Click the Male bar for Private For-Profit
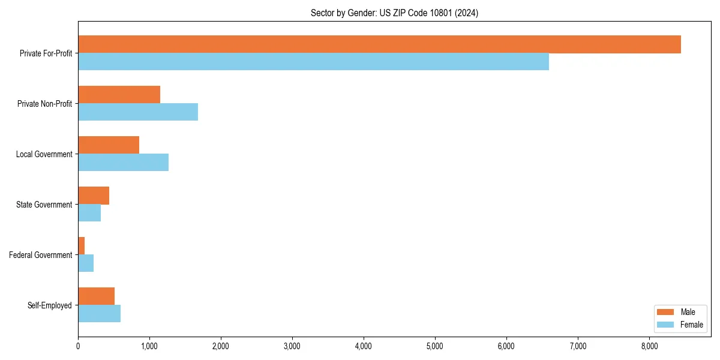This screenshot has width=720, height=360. tap(379, 44)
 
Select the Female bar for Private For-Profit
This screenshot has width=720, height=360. tap(313, 62)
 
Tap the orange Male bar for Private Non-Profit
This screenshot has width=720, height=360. tap(119, 95)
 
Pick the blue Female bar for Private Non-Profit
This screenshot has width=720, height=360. tap(138, 112)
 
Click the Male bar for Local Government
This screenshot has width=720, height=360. tap(109, 145)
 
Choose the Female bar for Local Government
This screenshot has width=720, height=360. tap(123, 163)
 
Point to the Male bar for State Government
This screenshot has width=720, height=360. tap(94, 196)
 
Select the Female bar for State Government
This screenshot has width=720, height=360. tap(89, 213)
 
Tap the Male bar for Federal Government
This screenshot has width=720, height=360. tap(82, 246)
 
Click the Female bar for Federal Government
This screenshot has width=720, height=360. tap(86, 263)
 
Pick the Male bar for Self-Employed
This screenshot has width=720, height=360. tap(96, 296)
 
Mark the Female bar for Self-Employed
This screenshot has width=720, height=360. tap(99, 314)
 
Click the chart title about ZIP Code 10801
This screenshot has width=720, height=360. tap(394, 13)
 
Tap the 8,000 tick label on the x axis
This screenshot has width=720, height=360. tap(649, 346)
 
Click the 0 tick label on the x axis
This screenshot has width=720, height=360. tap(78, 346)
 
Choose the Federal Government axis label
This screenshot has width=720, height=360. tap(41, 255)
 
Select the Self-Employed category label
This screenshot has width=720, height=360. tap(50, 305)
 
